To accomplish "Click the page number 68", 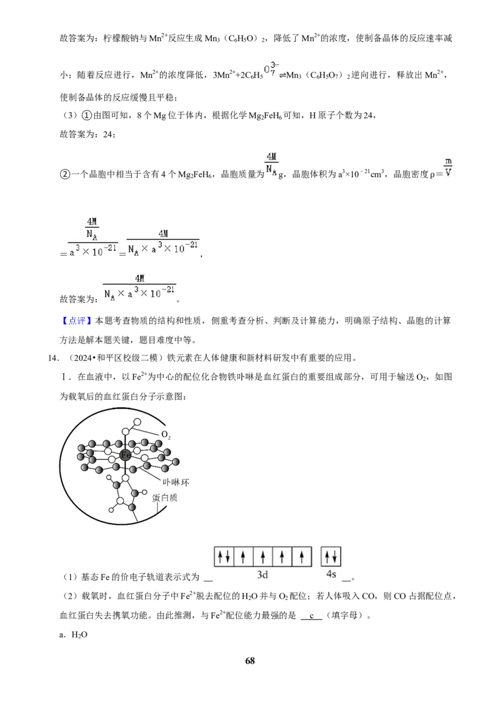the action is tap(250, 660).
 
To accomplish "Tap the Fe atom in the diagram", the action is tap(126, 455).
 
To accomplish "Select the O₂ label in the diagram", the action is tap(166, 435).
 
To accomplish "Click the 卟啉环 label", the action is tap(176, 482).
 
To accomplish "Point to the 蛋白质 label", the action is tap(165, 498).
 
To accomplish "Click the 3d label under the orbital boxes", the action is tap(262, 574).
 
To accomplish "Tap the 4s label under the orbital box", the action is tap(331, 574).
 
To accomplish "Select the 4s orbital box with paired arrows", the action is tap(331, 557).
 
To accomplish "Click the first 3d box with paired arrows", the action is tap(224, 557).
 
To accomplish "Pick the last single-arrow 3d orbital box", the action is tap(302, 557).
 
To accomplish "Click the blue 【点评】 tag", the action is tap(77, 321).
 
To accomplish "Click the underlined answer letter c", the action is tap(311, 615).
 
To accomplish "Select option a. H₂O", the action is tap(73, 635).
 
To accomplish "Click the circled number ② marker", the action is tap(64, 174).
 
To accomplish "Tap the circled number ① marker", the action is tap(87, 116).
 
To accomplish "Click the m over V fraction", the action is tap(448, 167).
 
